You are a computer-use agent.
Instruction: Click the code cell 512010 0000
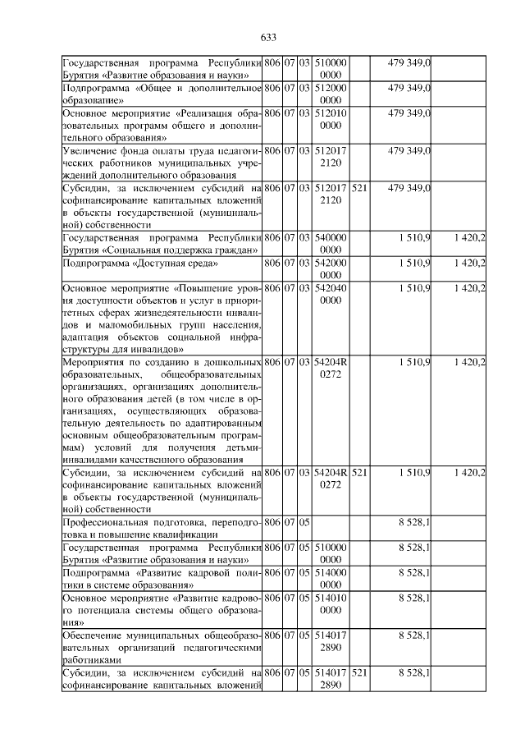(x=331, y=117)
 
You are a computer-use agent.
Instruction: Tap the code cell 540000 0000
(x=331, y=244)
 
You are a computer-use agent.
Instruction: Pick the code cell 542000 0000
(x=331, y=268)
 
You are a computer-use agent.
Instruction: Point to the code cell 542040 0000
(x=331, y=293)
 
